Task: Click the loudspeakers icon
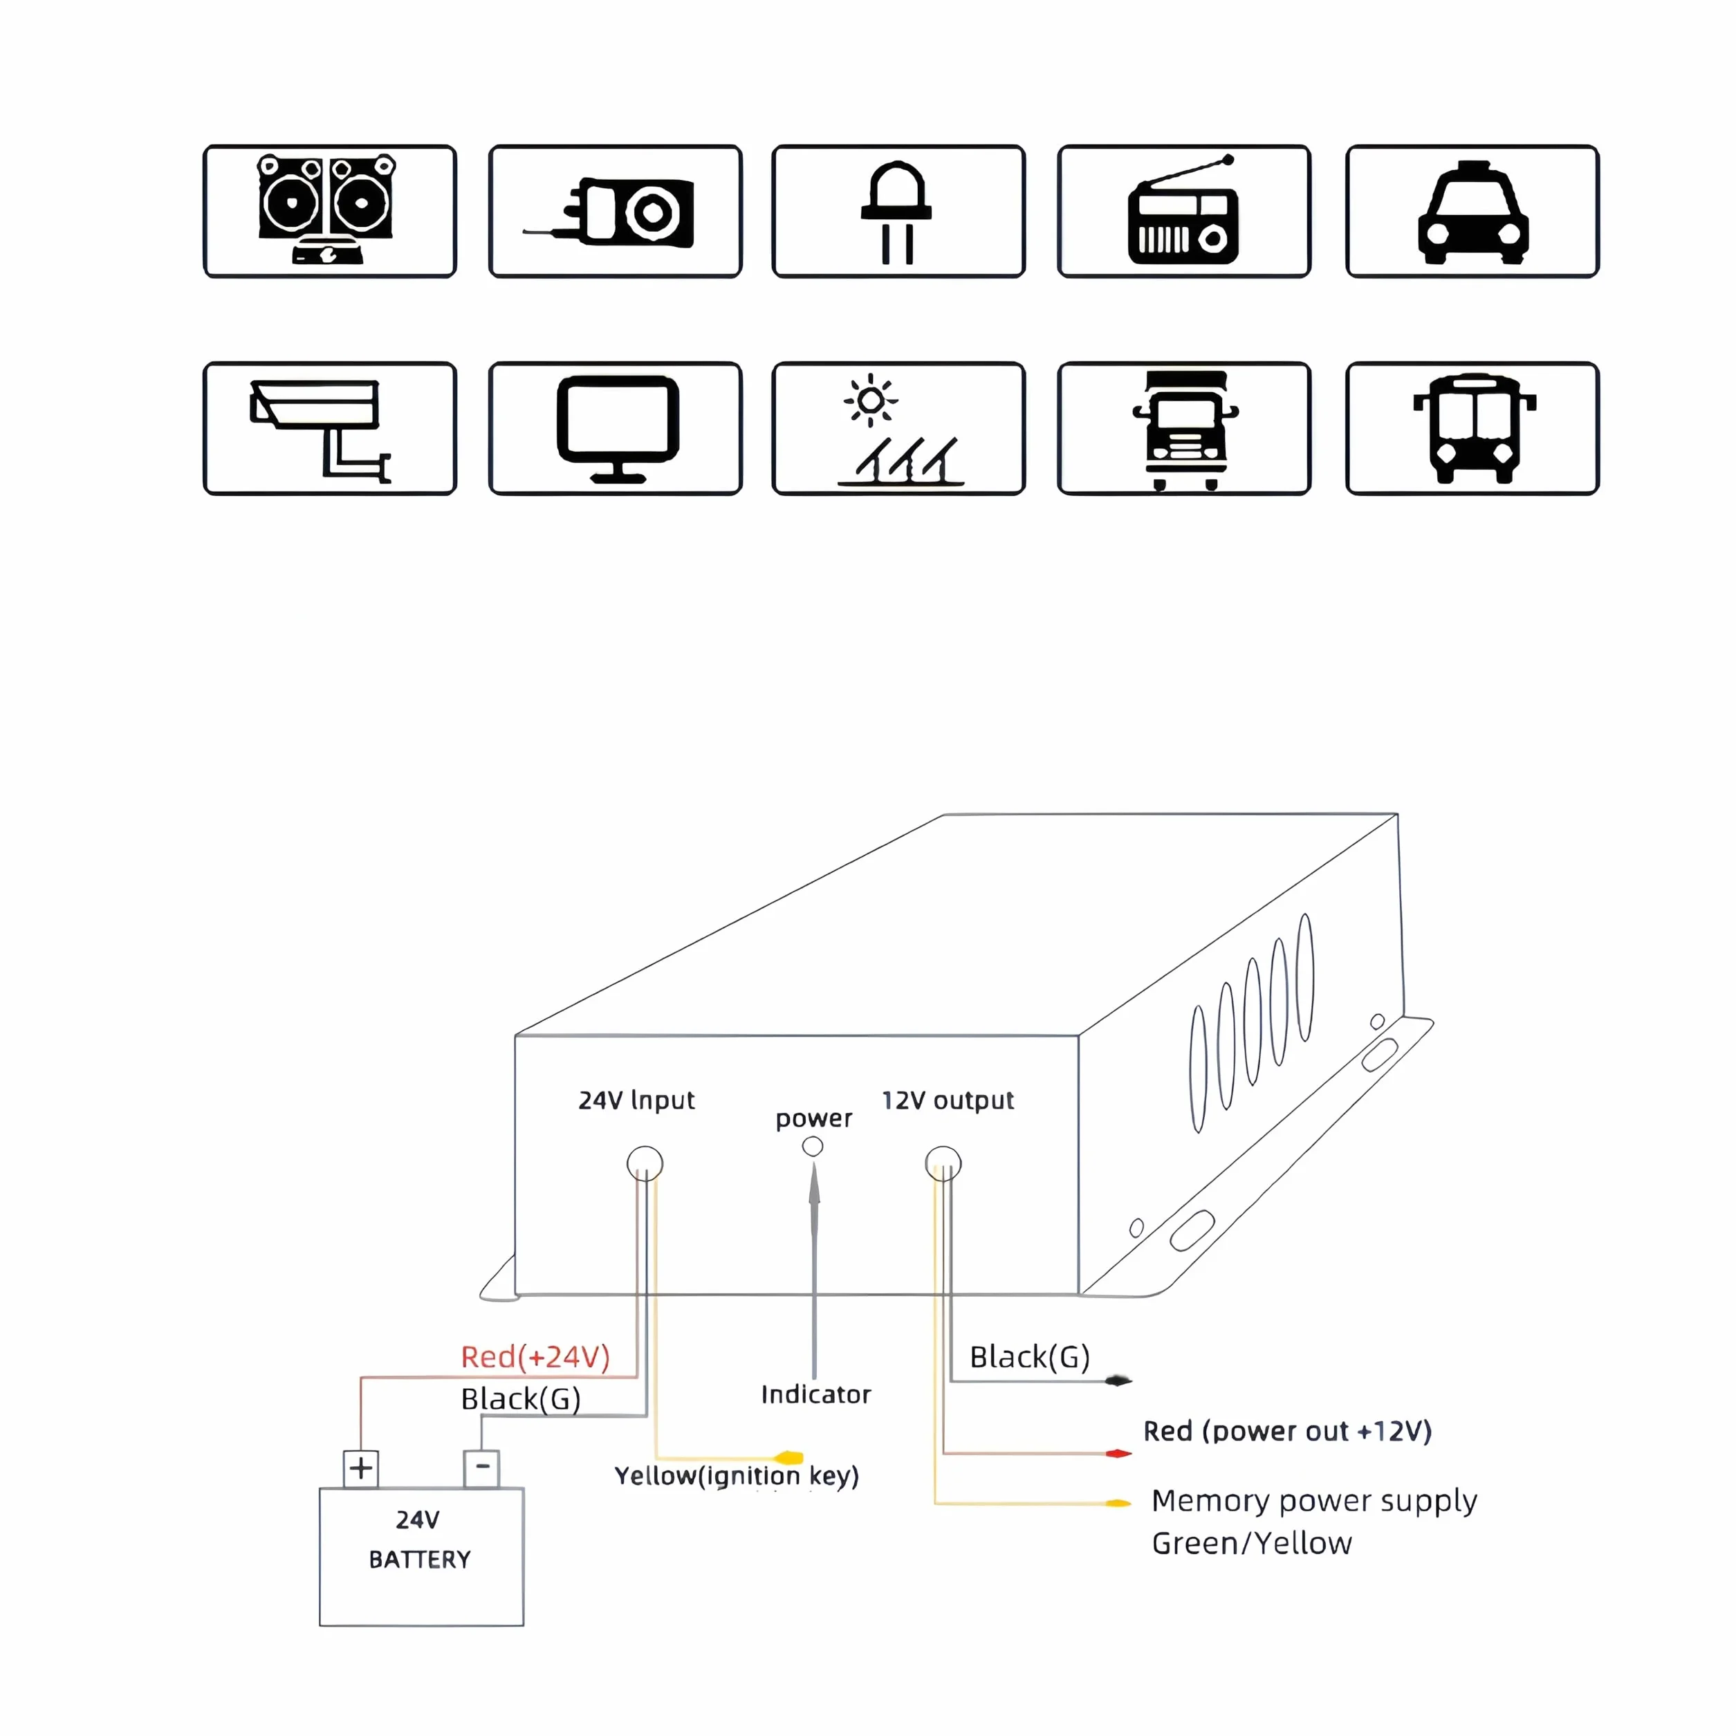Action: (x=327, y=210)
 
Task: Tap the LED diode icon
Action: (x=897, y=213)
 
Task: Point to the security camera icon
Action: (x=320, y=430)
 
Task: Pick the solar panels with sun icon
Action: (x=898, y=430)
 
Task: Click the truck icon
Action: (x=1185, y=430)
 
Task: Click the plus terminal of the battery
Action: (x=361, y=1469)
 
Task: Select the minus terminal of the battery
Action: (x=481, y=1469)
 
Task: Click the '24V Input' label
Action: (x=636, y=1100)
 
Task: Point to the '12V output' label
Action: (x=948, y=1100)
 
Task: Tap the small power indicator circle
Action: (x=812, y=1147)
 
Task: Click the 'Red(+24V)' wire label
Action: (x=535, y=1357)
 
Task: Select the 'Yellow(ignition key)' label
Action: (x=737, y=1477)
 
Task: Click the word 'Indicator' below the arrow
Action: (x=816, y=1394)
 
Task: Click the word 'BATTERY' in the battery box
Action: (x=420, y=1560)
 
